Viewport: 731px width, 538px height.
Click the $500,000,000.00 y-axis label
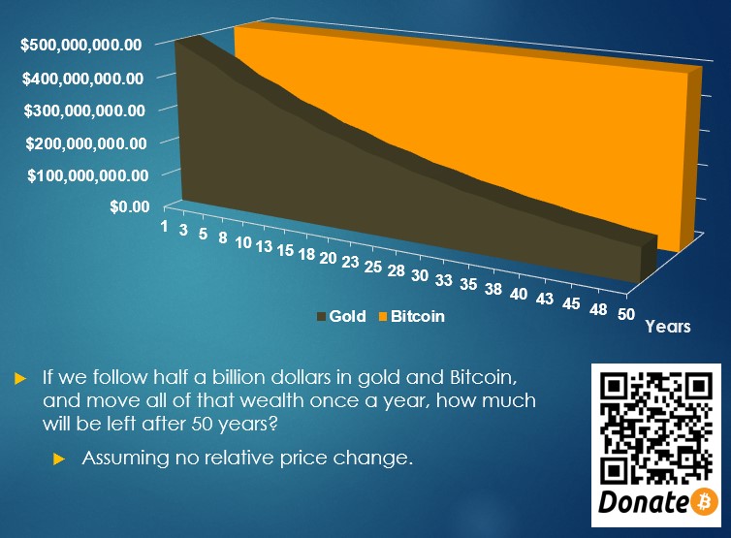(81, 46)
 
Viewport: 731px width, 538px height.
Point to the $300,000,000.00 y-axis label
(85, 111)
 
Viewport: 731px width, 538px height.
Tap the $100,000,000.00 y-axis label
(88, 175)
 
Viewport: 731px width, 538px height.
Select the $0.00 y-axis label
(130, 206)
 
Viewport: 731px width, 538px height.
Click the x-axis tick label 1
(164, 226)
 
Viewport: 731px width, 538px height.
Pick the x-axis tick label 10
(243, 242)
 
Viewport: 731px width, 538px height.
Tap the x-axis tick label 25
(373, 267)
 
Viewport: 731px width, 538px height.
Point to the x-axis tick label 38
(493, 289)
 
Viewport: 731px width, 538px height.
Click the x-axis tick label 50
(626, 314)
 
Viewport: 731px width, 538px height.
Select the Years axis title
(668, 327)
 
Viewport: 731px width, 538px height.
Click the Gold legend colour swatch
(321, 317)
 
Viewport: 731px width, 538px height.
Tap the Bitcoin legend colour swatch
(383, 317)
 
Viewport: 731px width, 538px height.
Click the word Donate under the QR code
(643, 502)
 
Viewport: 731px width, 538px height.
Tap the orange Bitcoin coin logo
(705, 501)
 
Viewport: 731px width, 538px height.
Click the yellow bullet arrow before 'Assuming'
(59, 459)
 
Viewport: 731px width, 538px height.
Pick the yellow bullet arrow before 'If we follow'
(20, 378)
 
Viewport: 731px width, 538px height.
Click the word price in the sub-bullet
(303, 459)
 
